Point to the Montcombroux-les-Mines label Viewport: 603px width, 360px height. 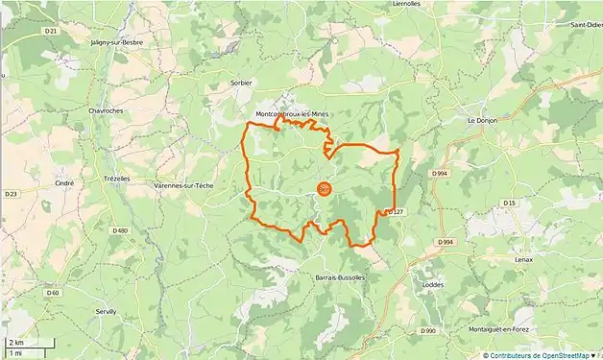[292, 115]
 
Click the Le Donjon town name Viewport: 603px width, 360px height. [483, 121]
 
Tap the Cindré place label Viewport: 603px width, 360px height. [65, 181]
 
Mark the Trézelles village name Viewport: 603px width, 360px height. [114, 179]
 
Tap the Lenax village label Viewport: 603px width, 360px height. [522, 260]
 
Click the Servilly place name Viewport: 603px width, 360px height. [106, 312]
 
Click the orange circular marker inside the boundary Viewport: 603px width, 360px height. [324, 188]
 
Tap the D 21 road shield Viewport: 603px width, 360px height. [51, 32]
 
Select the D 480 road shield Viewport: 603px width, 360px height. [120, 230]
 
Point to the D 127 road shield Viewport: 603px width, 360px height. [393, 212]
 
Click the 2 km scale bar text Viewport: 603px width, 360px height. [16, 342]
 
